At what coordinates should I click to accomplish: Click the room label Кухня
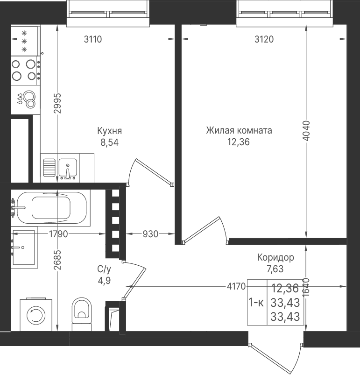point(109,131)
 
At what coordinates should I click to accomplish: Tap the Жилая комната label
point(239,131)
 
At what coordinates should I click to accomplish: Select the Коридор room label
point(275,258)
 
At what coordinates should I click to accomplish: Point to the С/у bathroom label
point(104,269)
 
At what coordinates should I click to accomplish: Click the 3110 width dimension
point(93,39)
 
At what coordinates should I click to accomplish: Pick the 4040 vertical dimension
point(306,131)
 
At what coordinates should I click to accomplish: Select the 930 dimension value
point(150,234)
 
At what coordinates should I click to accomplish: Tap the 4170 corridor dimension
point(236,286)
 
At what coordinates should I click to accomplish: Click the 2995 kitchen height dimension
point(57,103)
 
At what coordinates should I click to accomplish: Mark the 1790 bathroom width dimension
point(58,234)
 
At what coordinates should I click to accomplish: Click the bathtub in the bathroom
point(51,208)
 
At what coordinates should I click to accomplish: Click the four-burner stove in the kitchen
point(26,71)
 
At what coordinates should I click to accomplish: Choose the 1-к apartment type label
point(256,303)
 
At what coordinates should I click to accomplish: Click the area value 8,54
point(109,142)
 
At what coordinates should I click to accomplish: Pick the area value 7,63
point(275,269)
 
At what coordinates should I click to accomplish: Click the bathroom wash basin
point(24,248)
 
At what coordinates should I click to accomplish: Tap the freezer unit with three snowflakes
point(26,41)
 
